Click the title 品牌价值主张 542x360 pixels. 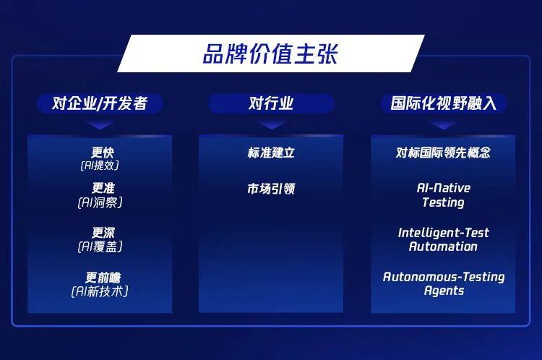click(x=270, y=54)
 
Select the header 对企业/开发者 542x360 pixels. click(x=100, y=103)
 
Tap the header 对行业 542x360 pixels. click(x=271, y=103)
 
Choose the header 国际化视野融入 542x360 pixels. click(x=443, y=103)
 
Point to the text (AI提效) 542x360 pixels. click(x=100, y=166)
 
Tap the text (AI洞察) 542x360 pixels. click(x=100, y=202)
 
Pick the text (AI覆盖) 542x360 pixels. click(x=100, y=247)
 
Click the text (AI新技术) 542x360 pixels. click(x=100, y=291)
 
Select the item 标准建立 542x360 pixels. click(x=271, y=153)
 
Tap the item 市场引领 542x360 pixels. click(x=271, y=189)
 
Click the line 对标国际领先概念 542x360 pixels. click(x=443, y=153)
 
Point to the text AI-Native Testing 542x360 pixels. click(x=443, y=195)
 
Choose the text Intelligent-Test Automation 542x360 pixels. click(x=443, y=239)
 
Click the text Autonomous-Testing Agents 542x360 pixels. click(x=443, y=283)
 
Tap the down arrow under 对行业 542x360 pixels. click(x=271, y=124)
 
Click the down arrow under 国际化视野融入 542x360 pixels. click(x=443, y=124)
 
